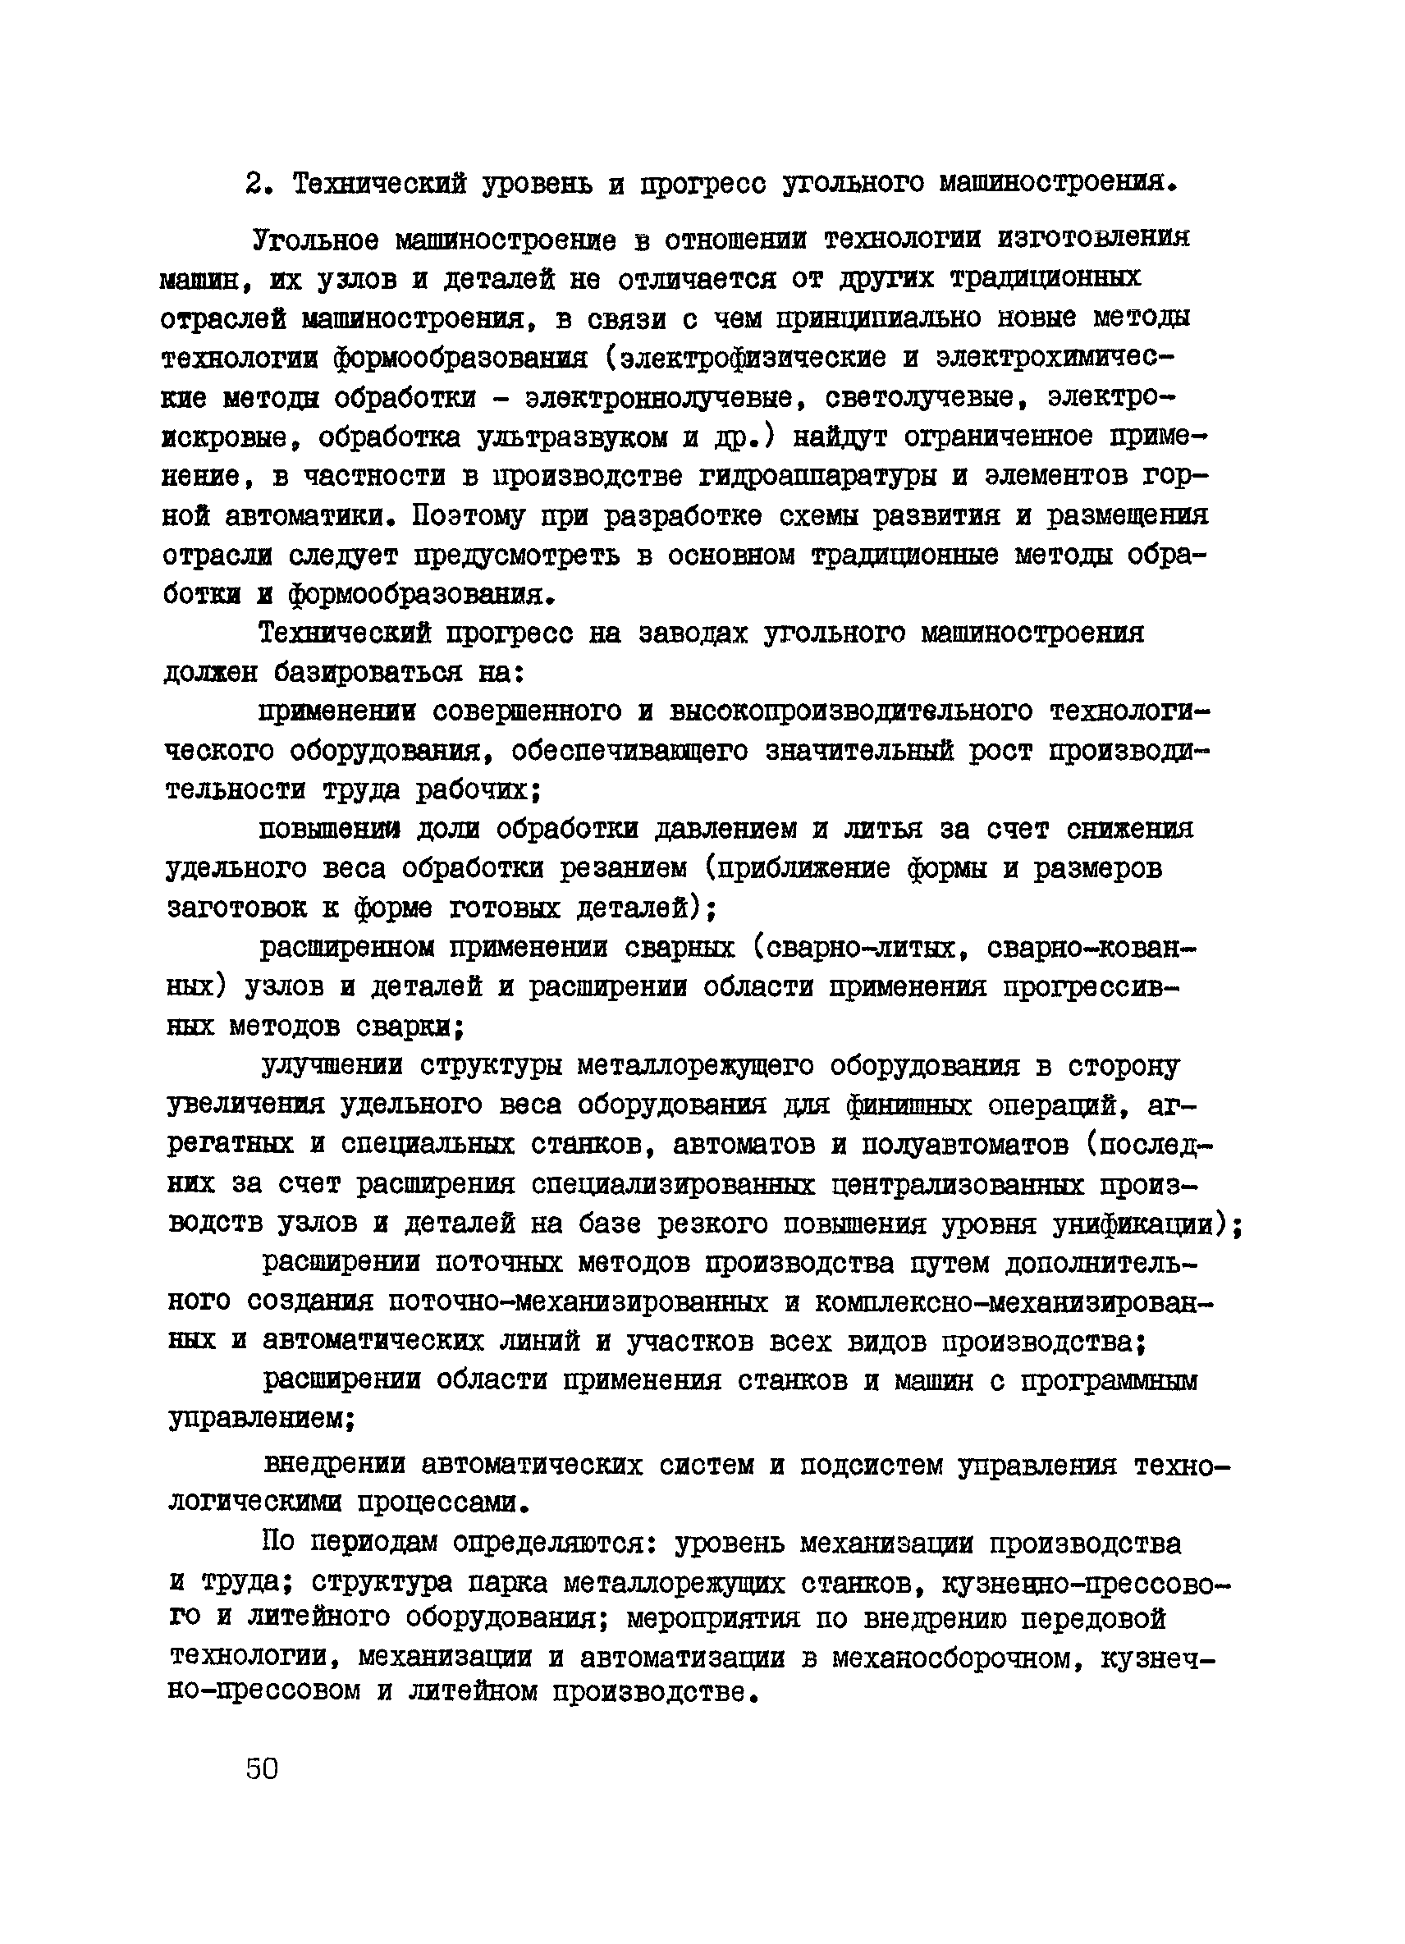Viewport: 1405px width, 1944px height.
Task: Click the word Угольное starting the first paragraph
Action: coord(315,240)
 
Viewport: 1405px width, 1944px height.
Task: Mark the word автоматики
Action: coord(302,517)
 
